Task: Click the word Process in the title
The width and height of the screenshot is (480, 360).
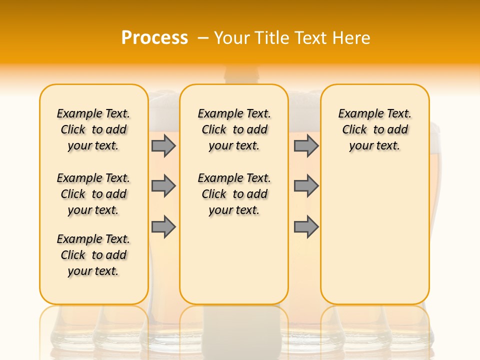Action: click(x=154, y=37)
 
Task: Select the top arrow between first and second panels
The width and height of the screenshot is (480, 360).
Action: click(x=163, y=145)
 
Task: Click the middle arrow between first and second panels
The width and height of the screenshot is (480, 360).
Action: click(x=163, y=186)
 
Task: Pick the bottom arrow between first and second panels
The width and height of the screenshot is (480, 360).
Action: click(x=163, y=227)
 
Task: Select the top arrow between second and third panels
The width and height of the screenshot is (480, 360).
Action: click(x=306, y=145)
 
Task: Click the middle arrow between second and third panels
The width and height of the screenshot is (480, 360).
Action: click(x=306, y=186)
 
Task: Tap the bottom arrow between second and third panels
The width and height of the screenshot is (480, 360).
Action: click(x=306, y=227)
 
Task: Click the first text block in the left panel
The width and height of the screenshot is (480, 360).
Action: click(x=93, y=129)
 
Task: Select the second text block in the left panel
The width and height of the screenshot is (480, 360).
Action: click(x=93, y=194)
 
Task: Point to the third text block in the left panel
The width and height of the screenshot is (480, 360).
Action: click(x=93, y=255)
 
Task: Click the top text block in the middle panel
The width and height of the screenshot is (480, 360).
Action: click(x=234, y=129)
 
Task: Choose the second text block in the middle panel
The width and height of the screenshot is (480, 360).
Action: click(x=234, y=194)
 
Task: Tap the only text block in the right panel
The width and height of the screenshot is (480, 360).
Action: click(x=375, y=129)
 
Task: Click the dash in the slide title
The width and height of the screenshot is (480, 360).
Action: click(x=202, y=38)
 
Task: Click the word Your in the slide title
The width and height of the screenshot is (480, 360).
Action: click(x=232, y=38)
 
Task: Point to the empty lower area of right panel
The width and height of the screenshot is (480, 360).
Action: click(x=375, y=235)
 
